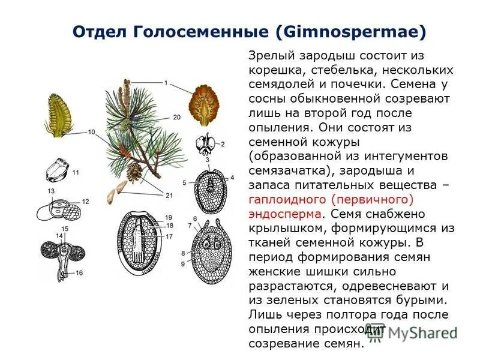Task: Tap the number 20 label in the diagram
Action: click(x=176, y=117)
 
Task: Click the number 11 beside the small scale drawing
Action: click(x=76, y=172)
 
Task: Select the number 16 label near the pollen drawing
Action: click(x=79, y=273)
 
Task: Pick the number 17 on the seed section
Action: click(x=169, y=237)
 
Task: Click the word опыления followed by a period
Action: click(x=278, y=127)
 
